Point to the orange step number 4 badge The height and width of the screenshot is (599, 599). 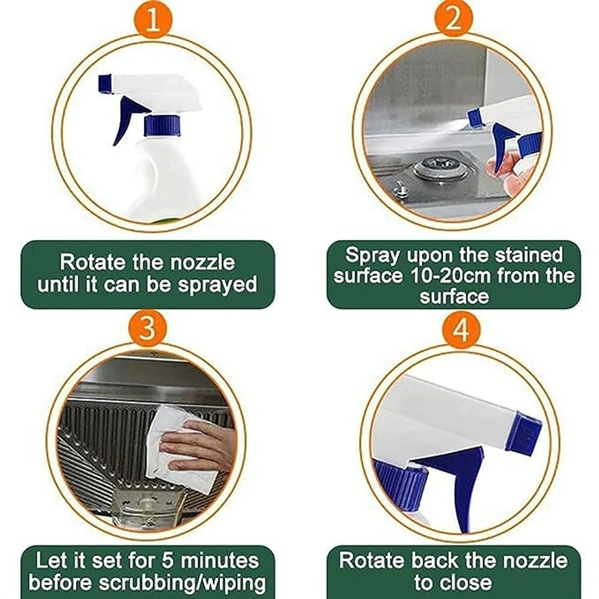tap(461, 331)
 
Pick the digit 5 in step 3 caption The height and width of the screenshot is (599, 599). tap(169, 552)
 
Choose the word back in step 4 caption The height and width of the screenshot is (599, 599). tap(435, 552)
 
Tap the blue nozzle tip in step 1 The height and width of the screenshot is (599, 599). tap(105, 84)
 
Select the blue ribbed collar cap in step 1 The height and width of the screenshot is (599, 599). tap(162, 125)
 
